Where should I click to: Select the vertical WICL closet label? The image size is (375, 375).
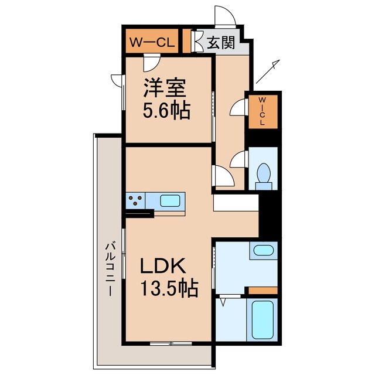point(262,111)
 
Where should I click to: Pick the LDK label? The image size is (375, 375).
point(162,267)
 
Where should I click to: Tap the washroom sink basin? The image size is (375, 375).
point(263,252)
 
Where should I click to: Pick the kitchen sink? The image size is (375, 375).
point(171,200)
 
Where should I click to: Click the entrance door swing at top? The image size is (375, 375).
point(224,14)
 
